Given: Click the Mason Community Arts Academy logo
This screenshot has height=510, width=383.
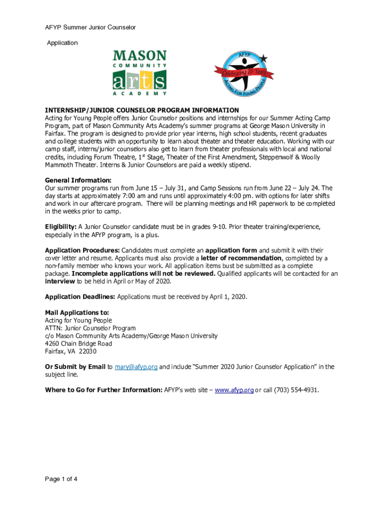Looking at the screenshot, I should click(140, 73).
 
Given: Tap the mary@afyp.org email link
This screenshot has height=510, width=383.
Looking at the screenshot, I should click(136, 367).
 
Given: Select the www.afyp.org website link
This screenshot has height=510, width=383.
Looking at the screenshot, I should click(234, 389).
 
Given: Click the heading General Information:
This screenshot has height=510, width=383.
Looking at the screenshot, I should click(78, 180).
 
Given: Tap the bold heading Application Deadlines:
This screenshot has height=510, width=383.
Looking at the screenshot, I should click(80, 297).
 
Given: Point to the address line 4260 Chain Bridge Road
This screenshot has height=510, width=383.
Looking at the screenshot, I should click(78, 344).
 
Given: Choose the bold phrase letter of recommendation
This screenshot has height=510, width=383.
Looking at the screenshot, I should click(241, 258).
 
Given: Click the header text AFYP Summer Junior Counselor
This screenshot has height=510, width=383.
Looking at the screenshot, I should click(90, 27).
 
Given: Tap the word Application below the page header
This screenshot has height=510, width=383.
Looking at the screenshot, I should click(62, 43).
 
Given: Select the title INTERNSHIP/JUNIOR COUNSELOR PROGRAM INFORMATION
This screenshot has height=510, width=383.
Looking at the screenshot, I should click(142, 110).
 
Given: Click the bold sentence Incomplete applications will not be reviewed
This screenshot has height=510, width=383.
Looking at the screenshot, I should click(144, 273).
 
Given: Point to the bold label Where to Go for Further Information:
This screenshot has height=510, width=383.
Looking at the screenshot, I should click(103, 389).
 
